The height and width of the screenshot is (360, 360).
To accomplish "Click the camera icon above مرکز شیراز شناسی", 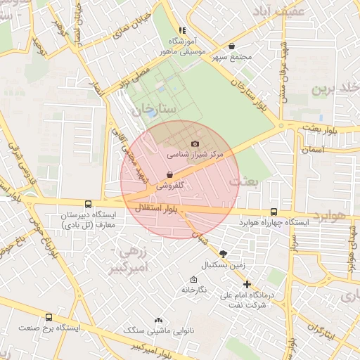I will point(195,143).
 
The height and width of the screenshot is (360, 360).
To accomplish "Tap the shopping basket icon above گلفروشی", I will point(169,175).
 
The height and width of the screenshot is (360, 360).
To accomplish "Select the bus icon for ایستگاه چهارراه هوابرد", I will point(274,212).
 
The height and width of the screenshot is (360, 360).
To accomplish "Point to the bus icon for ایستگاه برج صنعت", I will point(49,317).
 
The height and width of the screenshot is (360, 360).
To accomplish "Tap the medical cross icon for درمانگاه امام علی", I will point(246,284).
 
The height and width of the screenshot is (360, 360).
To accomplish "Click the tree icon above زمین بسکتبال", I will point(223,254).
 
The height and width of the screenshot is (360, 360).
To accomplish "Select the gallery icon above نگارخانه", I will point(194,279).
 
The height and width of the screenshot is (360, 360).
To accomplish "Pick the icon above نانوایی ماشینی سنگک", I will point(158,319).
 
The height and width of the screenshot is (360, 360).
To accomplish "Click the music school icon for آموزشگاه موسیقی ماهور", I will point(182,30).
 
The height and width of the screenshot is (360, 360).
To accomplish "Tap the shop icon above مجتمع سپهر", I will point(231,46).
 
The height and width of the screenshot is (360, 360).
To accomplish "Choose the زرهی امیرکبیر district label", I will point(133,258).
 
